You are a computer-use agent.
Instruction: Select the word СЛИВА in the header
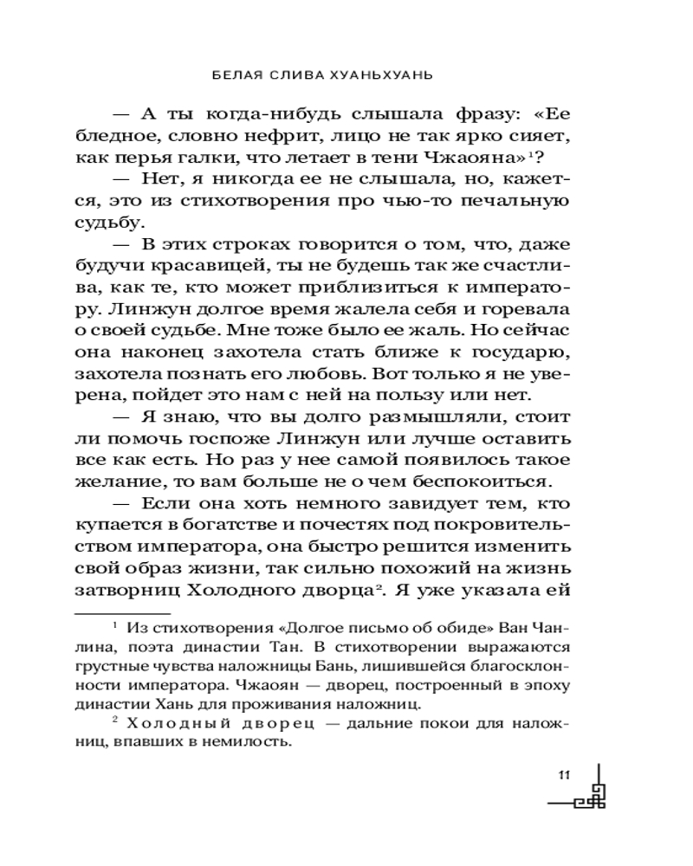[294, 74]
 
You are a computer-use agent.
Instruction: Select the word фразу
[461, 114]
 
